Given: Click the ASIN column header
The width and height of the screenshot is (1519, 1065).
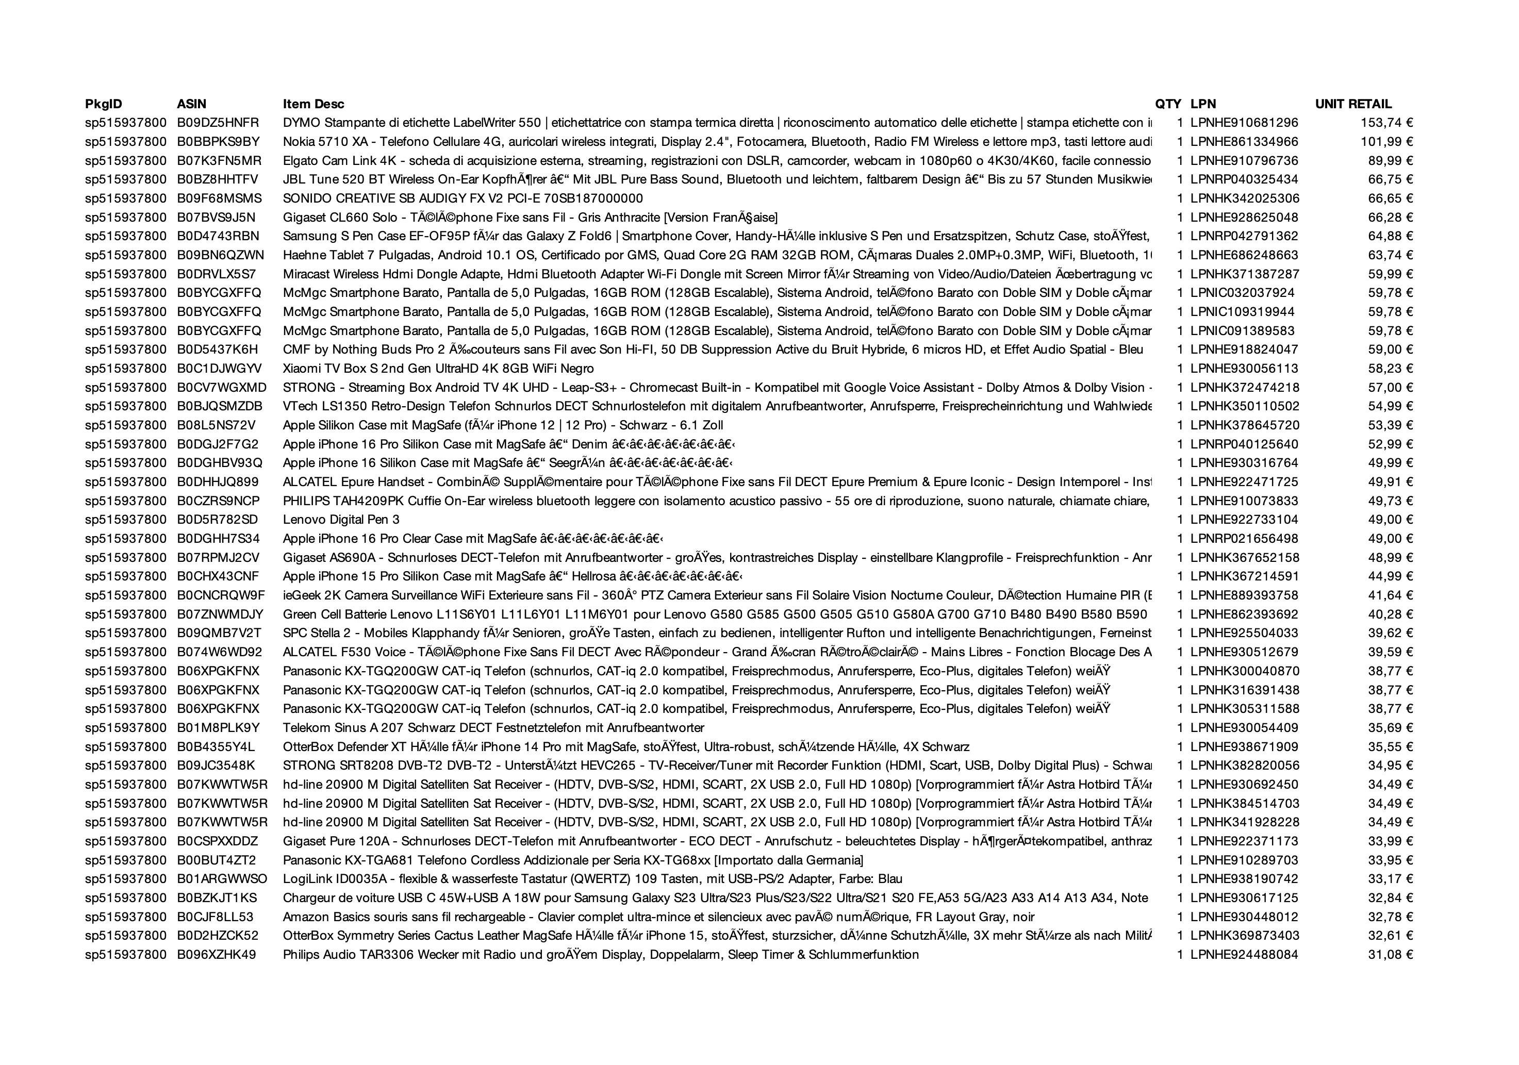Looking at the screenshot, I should click(x=191, y=104).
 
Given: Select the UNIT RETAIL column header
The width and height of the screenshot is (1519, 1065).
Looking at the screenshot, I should click(x=1353, y=104).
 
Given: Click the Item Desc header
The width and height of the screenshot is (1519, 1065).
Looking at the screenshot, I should click(x=313, y=104).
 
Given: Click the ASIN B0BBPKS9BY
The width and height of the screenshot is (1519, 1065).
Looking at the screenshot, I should click(x=218, y=142).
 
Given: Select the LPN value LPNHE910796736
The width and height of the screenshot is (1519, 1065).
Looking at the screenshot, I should click(x=1244, y=161).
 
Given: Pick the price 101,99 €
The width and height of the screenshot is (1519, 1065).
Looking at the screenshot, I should click(x=1386, y=142).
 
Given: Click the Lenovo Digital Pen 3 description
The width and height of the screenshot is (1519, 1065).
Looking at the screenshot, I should click(x=341, y=520).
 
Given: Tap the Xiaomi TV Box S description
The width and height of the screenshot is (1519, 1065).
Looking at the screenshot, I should click(x=438, y=369).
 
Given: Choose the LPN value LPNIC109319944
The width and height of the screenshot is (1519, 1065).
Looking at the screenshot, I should click(x=1242, y=311).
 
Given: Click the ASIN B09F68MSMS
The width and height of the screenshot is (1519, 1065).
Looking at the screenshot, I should click(x=219, y=198).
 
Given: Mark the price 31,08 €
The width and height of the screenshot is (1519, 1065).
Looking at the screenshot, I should click(x=1390, y=955).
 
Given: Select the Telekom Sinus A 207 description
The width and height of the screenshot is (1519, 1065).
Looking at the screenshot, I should click(x=493, y=728).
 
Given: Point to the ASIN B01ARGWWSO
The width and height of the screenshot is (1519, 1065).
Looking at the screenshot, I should click(x=222, y=879).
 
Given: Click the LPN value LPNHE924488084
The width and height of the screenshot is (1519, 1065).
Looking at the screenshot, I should click(x=1244, y=955).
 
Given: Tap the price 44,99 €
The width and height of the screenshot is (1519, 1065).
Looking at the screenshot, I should click(x=1390, y=576).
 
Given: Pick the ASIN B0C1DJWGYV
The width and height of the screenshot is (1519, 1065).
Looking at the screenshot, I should click(x=219, y=369).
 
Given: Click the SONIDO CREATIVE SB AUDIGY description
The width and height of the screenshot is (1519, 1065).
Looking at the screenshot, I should click(x=463, y=198).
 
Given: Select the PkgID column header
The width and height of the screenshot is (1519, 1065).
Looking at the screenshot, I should click(x=103, y=104).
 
